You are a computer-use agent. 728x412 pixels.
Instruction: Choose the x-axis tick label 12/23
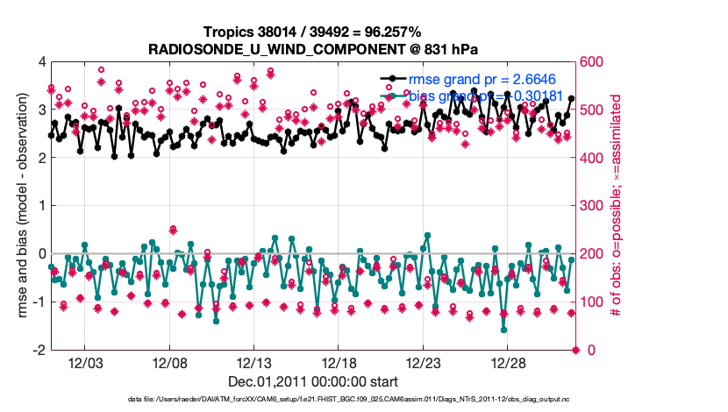point(423,363)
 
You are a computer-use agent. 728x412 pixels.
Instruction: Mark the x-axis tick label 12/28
point(507,363)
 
